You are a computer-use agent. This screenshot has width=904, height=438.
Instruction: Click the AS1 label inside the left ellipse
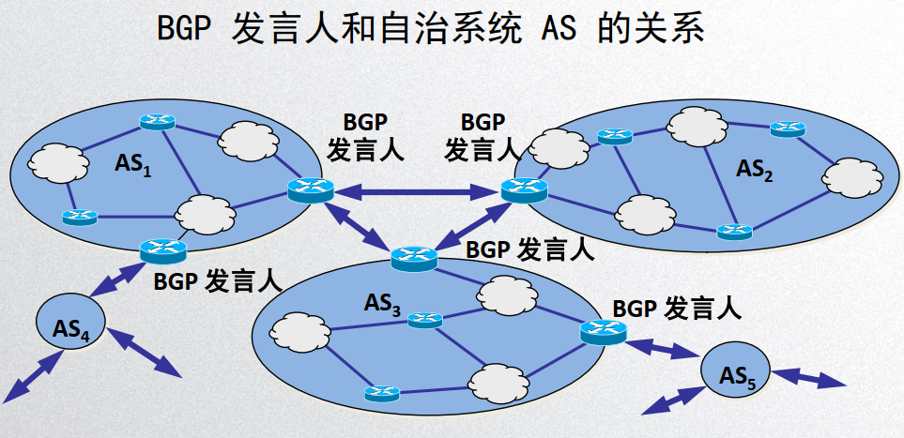[x=133, y=166]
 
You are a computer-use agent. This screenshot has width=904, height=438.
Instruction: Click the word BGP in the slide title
[x=182, y=32]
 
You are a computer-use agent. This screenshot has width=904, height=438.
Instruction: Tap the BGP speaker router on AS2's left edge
[x=524, y=190]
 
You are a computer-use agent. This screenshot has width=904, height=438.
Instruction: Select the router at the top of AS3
[x=414, y=257]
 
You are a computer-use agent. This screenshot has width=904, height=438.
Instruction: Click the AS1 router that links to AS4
[x=162, y=250]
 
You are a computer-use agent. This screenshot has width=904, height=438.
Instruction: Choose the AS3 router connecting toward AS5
[x=602, y=331]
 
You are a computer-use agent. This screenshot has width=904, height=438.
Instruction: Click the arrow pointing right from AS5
[x=808, y=379]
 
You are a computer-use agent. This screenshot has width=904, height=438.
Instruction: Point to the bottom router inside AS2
[x=733, y=231]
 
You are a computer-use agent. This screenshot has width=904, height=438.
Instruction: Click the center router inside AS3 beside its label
[x=424, y=321]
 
